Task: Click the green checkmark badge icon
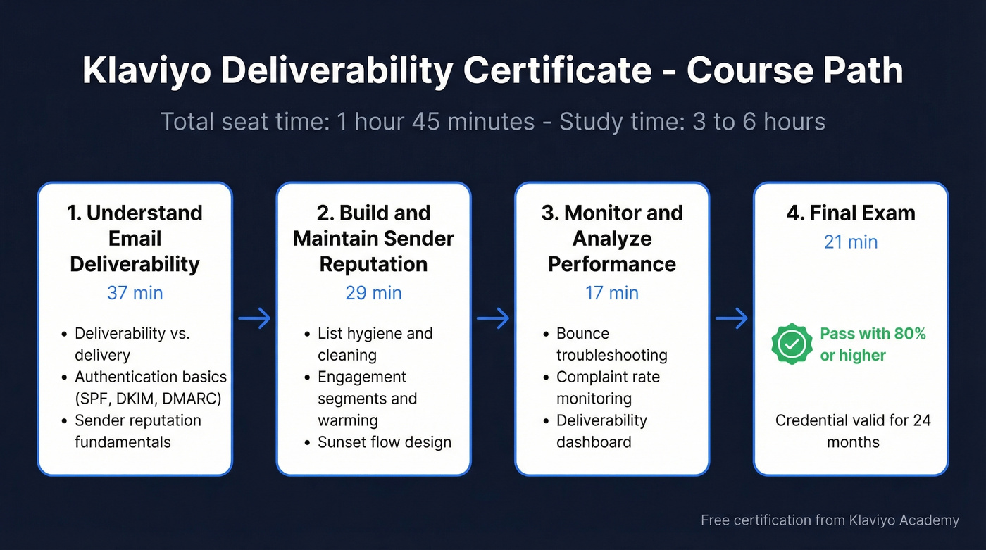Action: pyautogui.click(x=792, y=344)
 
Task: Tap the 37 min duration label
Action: pyautogui.click(x=135, y=292)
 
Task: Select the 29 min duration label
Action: pyautogui.click(x=373, y=292)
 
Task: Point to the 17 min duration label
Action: pyautogui.click(x=612, y=292)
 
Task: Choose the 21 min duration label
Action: pyautogui.click(x=851, y=242)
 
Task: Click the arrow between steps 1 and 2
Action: pyautogui.click(x=254, y=318)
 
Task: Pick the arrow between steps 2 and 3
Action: pyautogui.click(x=493, y=318)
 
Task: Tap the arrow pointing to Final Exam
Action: pyautogui.click(x=732, y=318)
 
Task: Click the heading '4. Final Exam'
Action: pyautogui.click(x=851, y=213)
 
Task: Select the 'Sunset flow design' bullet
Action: pyautogui.click(x=385, y=442)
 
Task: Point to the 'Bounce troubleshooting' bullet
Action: pyautogui.click(x=611, y=344)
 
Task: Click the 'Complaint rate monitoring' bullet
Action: pyautogui.click(x=608, y=387)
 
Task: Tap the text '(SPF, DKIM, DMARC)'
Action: pyautogui.click(x=148, y=399)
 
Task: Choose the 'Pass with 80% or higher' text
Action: pyautogui.click(x=873, y=344)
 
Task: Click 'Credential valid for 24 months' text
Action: pyautogui.click(x=853, y=431)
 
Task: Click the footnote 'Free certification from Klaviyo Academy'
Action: pyautogui.click(x=830, y=520)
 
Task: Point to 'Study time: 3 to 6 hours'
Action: pyautogui.click(x=692, y=122)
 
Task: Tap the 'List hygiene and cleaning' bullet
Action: pyautogui.click(x=375, y=344)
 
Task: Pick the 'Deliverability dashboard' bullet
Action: pyautogui.click(x=601, y=431)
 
